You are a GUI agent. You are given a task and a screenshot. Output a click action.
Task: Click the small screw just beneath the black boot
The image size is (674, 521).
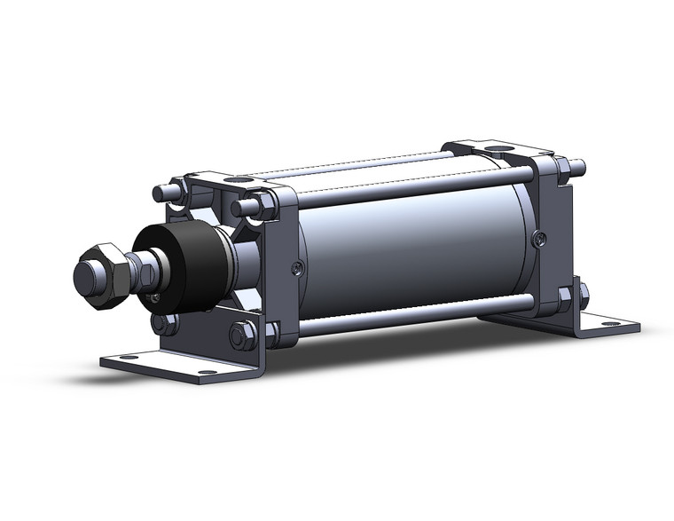pos(156,298)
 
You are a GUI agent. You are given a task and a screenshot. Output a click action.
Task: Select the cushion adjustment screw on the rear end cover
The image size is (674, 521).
pos(540,237)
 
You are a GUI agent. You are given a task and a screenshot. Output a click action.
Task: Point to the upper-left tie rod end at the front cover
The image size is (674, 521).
pos(161,192)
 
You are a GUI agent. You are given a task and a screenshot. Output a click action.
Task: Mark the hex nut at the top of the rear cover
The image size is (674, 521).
pos(560,167)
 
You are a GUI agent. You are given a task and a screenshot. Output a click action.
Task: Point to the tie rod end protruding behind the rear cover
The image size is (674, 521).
pos(578,165)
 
